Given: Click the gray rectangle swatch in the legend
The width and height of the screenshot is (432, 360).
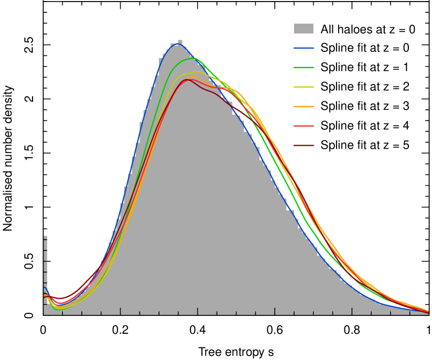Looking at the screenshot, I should [304, 29].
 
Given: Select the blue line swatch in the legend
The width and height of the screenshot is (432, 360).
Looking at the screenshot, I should [304, 48].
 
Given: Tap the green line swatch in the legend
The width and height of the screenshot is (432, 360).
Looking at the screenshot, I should [304, 68].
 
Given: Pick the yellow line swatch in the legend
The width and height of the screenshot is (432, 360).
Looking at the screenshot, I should [304, 87].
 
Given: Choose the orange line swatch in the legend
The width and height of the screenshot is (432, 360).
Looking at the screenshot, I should [304, 106].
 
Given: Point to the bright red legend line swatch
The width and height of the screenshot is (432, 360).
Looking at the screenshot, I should [304, 126].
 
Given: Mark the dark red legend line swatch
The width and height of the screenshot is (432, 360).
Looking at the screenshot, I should [304, 145].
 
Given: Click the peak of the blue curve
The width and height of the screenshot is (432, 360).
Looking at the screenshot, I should [178, 44].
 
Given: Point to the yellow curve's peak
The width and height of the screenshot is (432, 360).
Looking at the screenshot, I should [197, 72].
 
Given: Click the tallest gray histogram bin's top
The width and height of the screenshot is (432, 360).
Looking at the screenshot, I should [180, 41].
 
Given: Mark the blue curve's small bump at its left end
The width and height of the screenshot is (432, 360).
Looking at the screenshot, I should [45, 288].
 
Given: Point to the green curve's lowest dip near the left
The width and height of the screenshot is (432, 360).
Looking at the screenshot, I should [58, 309].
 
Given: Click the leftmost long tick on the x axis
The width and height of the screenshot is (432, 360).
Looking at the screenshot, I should [120, 311].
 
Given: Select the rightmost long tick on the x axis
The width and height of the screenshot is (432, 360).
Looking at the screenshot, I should [352, 311].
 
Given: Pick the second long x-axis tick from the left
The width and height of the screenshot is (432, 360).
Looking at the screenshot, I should [197, 311].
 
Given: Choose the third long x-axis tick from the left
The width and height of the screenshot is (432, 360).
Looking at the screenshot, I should [275, 311].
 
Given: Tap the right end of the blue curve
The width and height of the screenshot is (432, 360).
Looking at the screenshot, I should [428, 313].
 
